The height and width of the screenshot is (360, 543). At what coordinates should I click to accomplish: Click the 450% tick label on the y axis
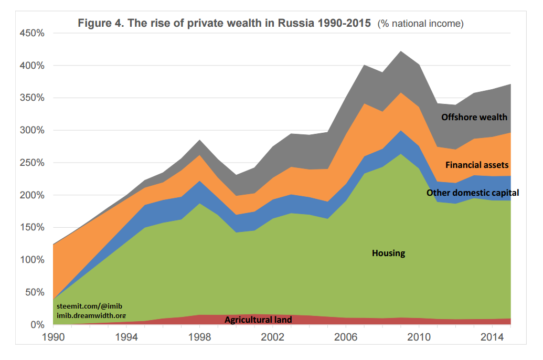tap(33, 33)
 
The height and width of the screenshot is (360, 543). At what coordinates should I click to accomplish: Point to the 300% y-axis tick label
tap(33, 130)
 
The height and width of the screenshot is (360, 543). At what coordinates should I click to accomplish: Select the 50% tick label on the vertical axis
tap(36, 292)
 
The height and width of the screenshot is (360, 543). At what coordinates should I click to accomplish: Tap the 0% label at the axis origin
tap(38, 325)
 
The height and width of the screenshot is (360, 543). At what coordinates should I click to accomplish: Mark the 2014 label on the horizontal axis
tap(489, 338)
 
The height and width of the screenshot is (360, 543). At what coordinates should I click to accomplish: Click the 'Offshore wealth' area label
tap(474, 117)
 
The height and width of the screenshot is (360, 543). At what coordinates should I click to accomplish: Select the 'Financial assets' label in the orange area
tap(477, 165)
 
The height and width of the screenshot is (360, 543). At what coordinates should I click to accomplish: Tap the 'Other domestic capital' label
tap(473, 193)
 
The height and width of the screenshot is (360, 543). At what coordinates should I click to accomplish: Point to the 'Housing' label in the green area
tap(389, 253)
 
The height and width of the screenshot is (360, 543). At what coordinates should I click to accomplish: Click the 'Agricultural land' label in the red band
tap(258, 320)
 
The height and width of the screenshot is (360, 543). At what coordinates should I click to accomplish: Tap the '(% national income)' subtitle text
tap(421, 24)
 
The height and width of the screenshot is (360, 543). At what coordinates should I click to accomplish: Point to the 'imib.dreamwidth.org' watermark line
tap(91, 315)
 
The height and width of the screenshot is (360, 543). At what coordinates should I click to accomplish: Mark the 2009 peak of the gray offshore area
tap(401, 52)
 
